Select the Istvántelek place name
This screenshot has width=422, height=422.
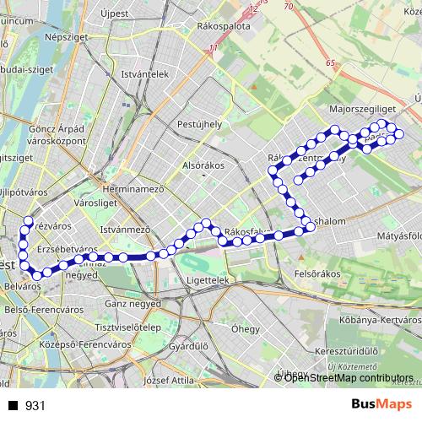pyautogui.click(x=145, y=74)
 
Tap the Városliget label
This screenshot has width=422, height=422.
pyautogui.click(x=94, y=203)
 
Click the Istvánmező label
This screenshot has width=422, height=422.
pyautogui.click(x=125, y=229)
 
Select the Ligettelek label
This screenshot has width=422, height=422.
pyautogui.click(x=207, y=279)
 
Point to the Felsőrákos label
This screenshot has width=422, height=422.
pyautogui.click(x=316, y=274)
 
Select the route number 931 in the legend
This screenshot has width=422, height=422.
pyautogui.click(x=35, y=406)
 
